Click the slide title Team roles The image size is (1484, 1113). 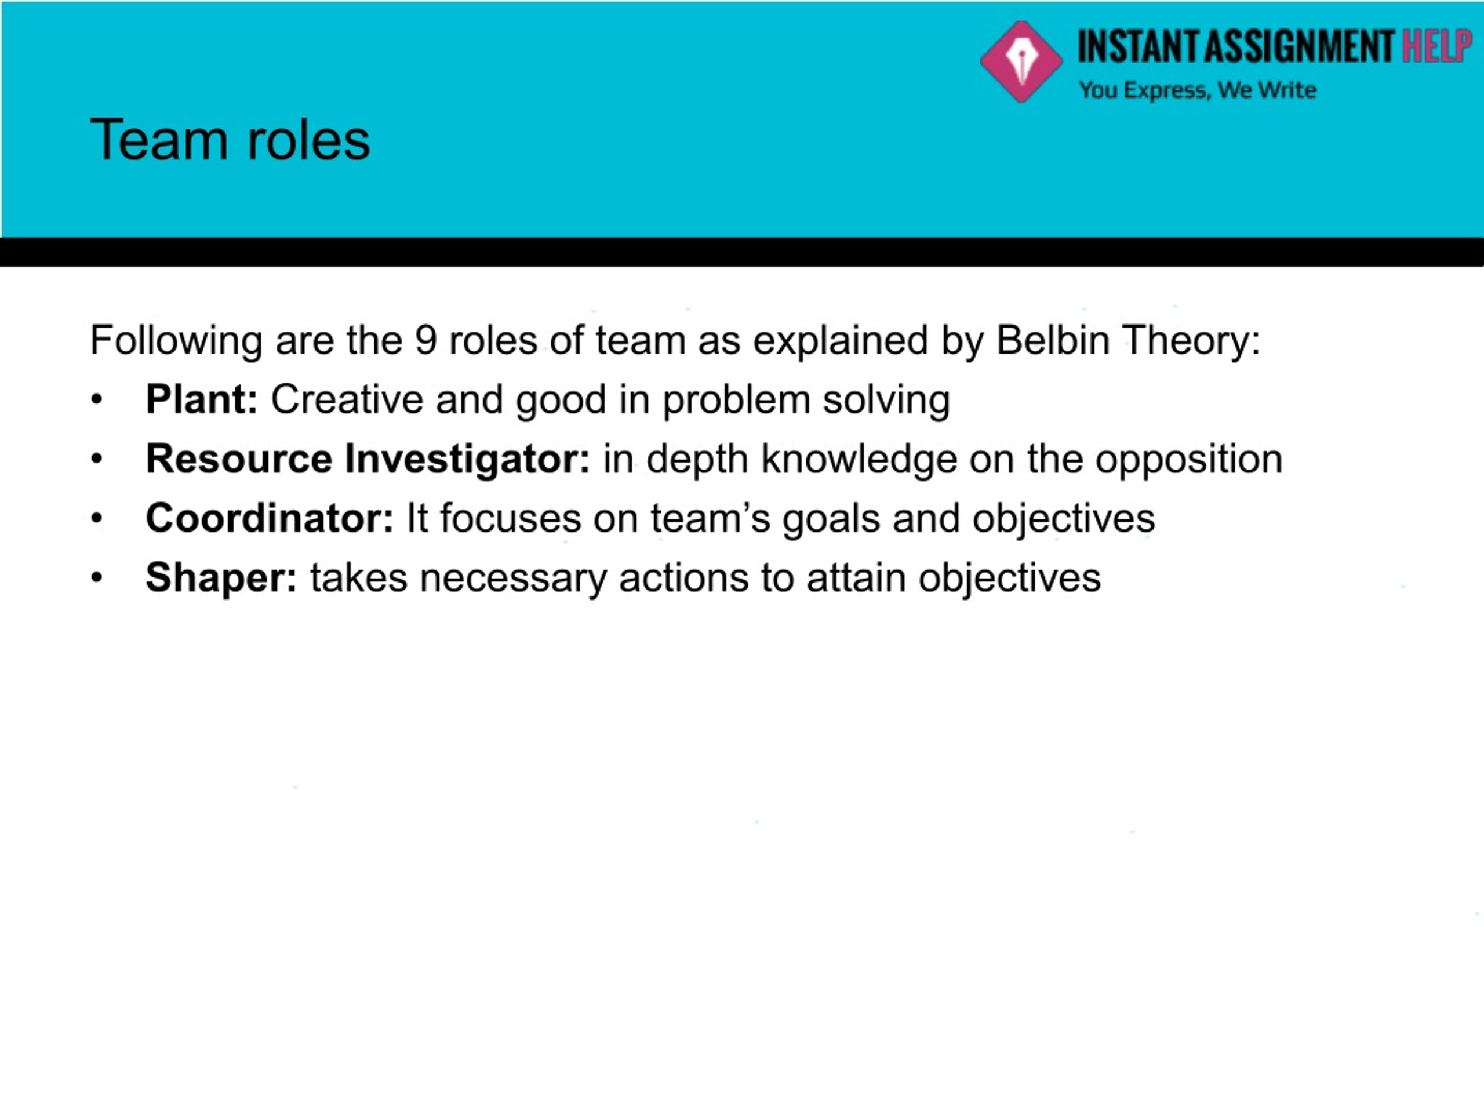[x=230, y=140]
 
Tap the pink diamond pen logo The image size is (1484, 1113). [x=1021, y=61]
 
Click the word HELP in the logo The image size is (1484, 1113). [x=1437, y=46]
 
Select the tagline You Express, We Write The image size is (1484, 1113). [x=1198, y=90]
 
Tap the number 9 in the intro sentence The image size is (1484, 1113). [x=426, y=340]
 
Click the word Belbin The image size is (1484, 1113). [x=1053, y=340]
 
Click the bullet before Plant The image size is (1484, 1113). [x=97, y=401]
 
